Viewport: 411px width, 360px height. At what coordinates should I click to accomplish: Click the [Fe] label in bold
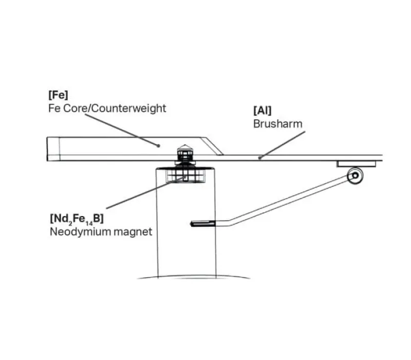58,95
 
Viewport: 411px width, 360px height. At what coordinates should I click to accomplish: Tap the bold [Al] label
263,111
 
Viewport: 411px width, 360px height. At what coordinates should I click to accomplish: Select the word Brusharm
278,124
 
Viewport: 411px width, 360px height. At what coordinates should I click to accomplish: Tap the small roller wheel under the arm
355,175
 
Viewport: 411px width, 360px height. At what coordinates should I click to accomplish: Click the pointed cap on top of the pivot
185,147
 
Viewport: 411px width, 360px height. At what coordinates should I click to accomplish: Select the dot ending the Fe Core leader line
158,146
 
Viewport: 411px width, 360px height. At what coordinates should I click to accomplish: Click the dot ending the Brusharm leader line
259,158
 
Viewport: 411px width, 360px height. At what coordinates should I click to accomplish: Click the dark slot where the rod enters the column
202,224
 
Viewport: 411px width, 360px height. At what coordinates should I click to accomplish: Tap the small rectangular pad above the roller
357,164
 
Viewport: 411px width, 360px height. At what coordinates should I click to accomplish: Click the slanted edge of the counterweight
212,146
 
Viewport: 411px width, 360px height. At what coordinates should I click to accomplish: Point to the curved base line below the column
194,276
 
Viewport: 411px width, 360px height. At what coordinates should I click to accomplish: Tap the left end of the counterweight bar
47,149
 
